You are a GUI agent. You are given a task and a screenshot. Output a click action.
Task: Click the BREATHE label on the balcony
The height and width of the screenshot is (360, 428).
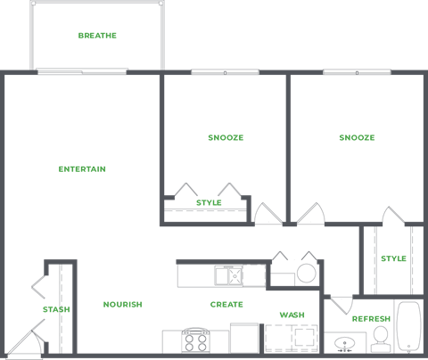pos(97,36)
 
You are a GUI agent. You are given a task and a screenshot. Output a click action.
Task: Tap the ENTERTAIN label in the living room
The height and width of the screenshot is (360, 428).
pos(82,168)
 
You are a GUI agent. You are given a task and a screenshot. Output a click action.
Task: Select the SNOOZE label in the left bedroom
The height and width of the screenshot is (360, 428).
pos(226,138)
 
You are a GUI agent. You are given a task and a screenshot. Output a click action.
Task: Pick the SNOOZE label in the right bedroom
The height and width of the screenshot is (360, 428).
pos(357,138)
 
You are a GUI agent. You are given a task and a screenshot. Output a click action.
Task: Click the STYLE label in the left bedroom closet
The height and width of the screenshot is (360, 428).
pos(209,203)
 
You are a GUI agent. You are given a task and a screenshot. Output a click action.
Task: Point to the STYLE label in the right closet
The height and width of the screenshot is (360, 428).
pos(393,259)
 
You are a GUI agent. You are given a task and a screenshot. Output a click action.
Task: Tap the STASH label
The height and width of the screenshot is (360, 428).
pos(55,309)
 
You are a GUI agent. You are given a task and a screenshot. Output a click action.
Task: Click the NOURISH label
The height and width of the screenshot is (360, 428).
pos(122,305)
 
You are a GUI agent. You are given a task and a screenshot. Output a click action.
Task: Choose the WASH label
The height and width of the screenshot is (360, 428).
pos(292,315)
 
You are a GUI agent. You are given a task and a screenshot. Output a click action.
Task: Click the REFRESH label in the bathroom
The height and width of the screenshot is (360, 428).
pos(370,318)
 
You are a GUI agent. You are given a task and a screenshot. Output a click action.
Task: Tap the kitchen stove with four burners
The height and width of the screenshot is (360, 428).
pos(195,342)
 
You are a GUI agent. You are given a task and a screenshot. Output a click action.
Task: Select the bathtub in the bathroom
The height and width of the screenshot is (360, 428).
pos(409,330)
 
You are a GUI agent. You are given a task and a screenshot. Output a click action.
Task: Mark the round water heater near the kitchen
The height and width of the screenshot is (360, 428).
pos(306,272)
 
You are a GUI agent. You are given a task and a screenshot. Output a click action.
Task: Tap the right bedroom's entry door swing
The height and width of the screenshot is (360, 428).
pos(309,214)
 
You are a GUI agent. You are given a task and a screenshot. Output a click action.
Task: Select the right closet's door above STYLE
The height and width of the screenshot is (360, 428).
pos(393,217)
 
